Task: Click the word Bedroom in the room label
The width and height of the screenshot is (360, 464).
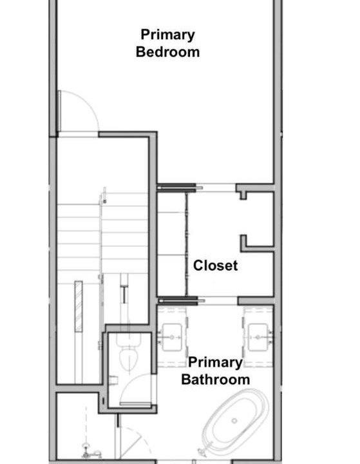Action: pyautogui.click(x=167, y=52)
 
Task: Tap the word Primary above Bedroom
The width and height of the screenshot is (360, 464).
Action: pyautogui.click(x=167, y=35)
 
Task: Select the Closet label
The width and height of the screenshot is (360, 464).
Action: pyautogui.click(x=215, y=266)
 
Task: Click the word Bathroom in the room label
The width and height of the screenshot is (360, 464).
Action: pyautogui.click(x=215, y=380)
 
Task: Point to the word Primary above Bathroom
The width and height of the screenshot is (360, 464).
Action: pyautogui.click(x=215, y=362)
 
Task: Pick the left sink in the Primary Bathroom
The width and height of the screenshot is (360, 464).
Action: pyautogui.click(x=172, y=337)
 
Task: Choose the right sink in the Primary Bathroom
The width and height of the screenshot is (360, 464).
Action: pyautogui.click(x=258, y=337)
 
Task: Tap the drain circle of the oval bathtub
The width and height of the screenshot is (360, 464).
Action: pyautogui.click(x=234, y=420)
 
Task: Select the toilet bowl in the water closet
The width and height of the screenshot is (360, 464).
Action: pyautogui.click(x=129, y=359)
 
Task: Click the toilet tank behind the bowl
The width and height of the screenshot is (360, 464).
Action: pyautogui.click(x=129, y=340)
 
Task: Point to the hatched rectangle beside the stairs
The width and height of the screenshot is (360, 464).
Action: pyautogui.click(x=79, y=306)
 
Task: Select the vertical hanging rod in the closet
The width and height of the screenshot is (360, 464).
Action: pyautogui.click(x=187, y=244)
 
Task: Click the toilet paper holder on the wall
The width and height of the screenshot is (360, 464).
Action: pyautogui.click(x=114, y=380)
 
